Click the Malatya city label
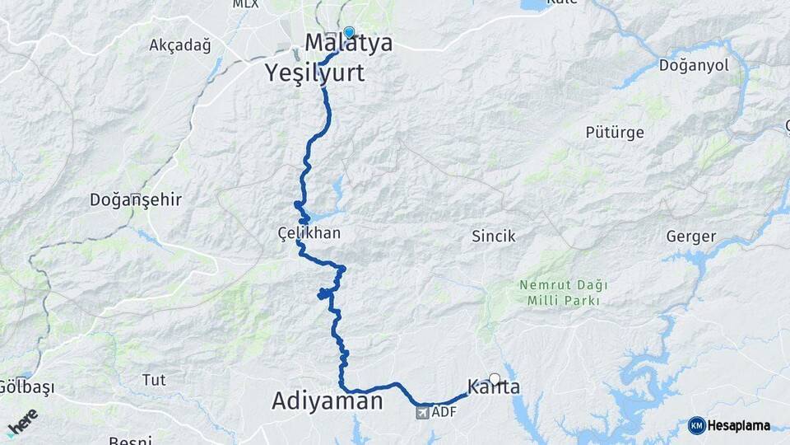click(x=349, y=44)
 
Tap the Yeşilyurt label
click(x=315, y=73)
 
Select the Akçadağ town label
click(x=179, y=45)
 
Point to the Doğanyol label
click(x=694, y=66)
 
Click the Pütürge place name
click(x=614, y=132)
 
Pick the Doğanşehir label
click(x=136, y=199)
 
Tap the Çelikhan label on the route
click(x=309, y=233)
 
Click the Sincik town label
click(x=493, y=237)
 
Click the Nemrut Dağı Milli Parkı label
click(x=564, y=293)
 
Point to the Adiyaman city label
click(x=328, y=401)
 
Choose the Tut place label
click(x=153, y=380)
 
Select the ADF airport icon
click(x=422, y=411)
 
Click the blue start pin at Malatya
click(x=349, y=33)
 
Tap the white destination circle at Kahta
click(x=494, y=379)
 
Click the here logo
click(x=22, y=422)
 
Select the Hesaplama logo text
click(x=737, y=426)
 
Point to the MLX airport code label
click(x=244, y=4)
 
